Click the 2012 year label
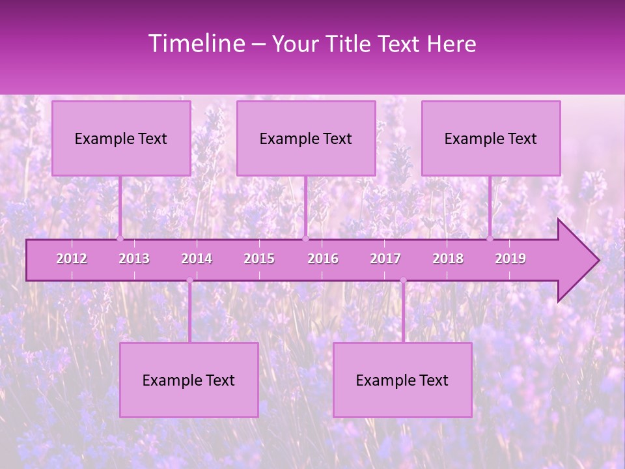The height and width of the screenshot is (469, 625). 72,259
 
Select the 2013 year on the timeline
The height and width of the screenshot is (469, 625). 134,259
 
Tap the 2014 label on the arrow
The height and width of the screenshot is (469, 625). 197,259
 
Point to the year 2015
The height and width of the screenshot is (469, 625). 259,259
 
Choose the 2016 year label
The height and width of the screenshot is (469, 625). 323,259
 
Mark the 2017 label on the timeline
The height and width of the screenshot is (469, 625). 385,259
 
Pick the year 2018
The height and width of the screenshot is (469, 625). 448,259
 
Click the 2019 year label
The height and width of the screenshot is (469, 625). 510,259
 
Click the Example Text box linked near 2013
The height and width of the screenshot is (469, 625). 121,138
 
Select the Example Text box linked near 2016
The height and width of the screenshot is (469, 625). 306,138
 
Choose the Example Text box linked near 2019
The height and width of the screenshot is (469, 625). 491,138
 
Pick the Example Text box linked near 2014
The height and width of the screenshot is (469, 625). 189,380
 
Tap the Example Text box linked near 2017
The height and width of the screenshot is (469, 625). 402,380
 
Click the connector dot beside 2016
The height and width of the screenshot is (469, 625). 305,238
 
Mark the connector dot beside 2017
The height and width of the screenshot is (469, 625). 403,281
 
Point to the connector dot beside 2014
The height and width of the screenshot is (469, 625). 189,281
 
